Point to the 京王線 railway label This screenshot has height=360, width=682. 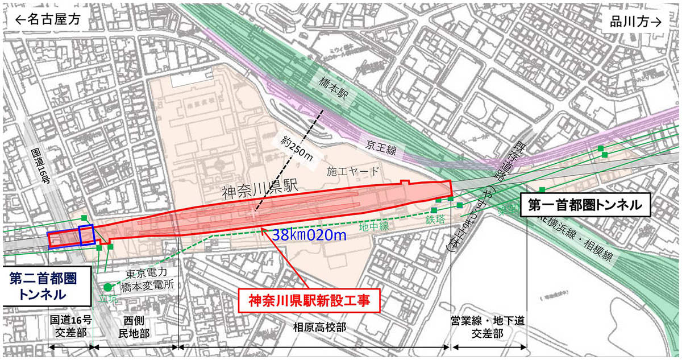click(380, 145)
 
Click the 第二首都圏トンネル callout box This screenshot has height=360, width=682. click(43, 286)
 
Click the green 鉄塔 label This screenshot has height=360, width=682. click(435, 217)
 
